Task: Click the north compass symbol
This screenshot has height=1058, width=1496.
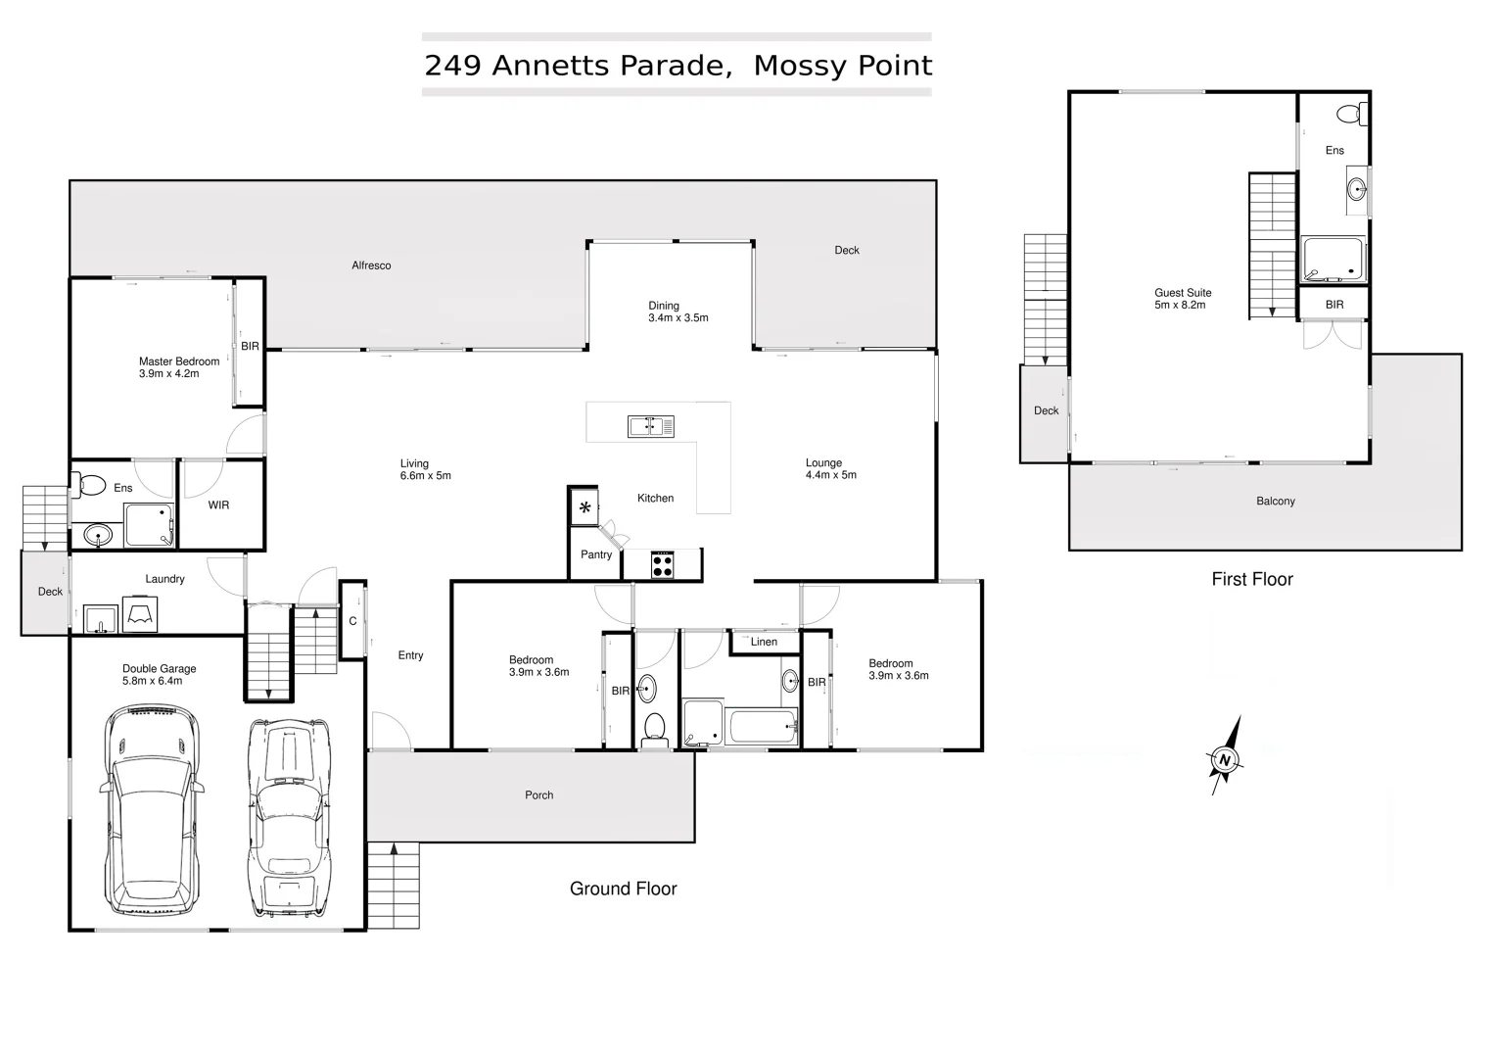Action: pyautogui.click(x=1224, y=758)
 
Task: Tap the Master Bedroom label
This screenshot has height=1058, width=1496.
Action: pyautogui.click(x=179, y=361)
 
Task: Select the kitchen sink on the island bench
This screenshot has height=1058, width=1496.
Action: pyautogui.click(x=651, y=426)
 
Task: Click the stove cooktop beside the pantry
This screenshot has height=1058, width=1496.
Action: pyautogui.click(x=663, y=565)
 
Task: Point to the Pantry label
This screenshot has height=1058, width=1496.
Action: pyautogui.click(x=596, y=554)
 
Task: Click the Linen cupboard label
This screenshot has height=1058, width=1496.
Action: pyautogui.click(x=764, y=643)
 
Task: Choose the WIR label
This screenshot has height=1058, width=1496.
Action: pyautogui.click(x=218, y=505)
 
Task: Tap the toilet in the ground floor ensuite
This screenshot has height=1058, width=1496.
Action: pyautogui.click(x=91, y=485)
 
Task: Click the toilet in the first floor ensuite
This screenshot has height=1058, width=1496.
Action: pyautogui.click(x=1351, y=114)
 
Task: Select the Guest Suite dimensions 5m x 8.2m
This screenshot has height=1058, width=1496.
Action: pyautogui.click(x=1180, y=306)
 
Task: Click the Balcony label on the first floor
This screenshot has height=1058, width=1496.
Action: pyautogui.click(x=1276, y=502)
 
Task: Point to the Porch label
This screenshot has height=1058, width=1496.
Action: pyautogui.click(x=539, y=795)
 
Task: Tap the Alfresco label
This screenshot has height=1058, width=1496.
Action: pyautogui.click(x=371, y=265)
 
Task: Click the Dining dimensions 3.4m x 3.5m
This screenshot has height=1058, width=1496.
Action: pyautogui.click(x=678, y=318)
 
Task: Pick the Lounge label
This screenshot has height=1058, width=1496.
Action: pyautogui.click(x=823, y=463)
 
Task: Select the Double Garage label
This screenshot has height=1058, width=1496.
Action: pyautogui.click(x=160, y=669)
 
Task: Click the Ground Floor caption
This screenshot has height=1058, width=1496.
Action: pyautogui.click(x=624, y=889)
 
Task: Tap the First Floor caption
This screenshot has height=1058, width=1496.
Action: pyautogui.click(x=1252, y=579)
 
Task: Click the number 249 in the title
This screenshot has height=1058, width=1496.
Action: pyautogui.click(x=452, y=66)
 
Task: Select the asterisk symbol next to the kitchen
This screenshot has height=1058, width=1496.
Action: pyautogui.click(x=585, y=507)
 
